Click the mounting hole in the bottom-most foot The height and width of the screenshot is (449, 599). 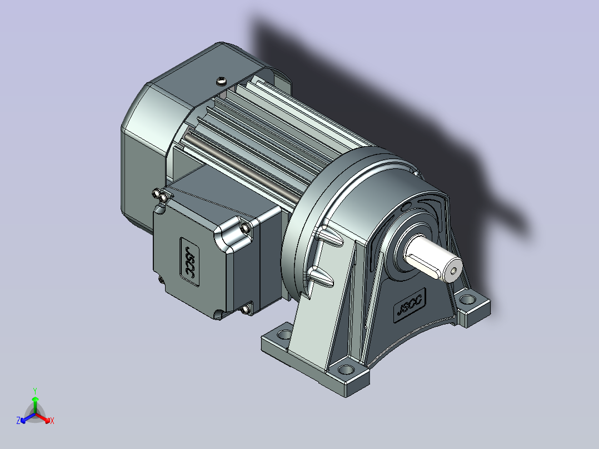click(x=347, y=370)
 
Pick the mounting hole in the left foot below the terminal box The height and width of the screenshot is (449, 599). click(x=284, y=335)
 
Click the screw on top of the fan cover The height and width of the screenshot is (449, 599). click(x=222, y=81)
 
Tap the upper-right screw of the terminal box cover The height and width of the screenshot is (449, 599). click(x=246, y=228)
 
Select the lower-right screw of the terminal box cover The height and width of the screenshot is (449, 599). click(x=246, y=310)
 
